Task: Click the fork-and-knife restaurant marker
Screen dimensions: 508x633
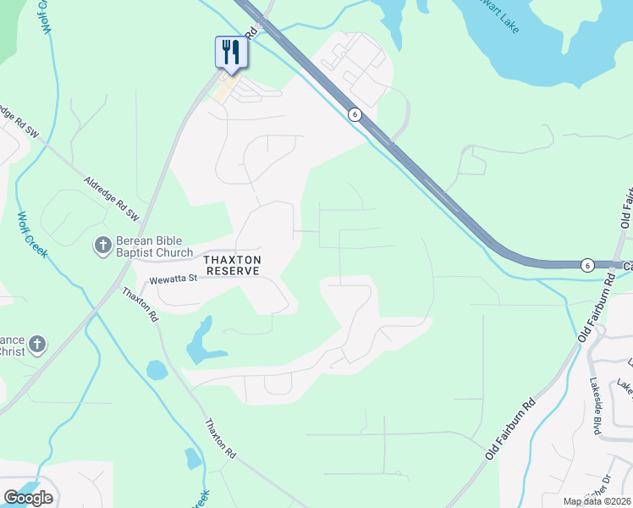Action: tap(230, 52)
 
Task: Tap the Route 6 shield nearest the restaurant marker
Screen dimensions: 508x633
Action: tap(355, 114)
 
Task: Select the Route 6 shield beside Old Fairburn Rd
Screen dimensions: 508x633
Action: tap(587, 265)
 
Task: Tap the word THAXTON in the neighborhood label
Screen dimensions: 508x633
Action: tap(232, 259)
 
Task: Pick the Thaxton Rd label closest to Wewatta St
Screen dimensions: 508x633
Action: tap(140, 304)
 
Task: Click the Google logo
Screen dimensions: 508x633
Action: tap(28, 498)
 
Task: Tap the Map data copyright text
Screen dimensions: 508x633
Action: tap(597, 501)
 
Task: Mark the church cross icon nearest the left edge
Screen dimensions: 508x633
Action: tap(36, 344)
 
